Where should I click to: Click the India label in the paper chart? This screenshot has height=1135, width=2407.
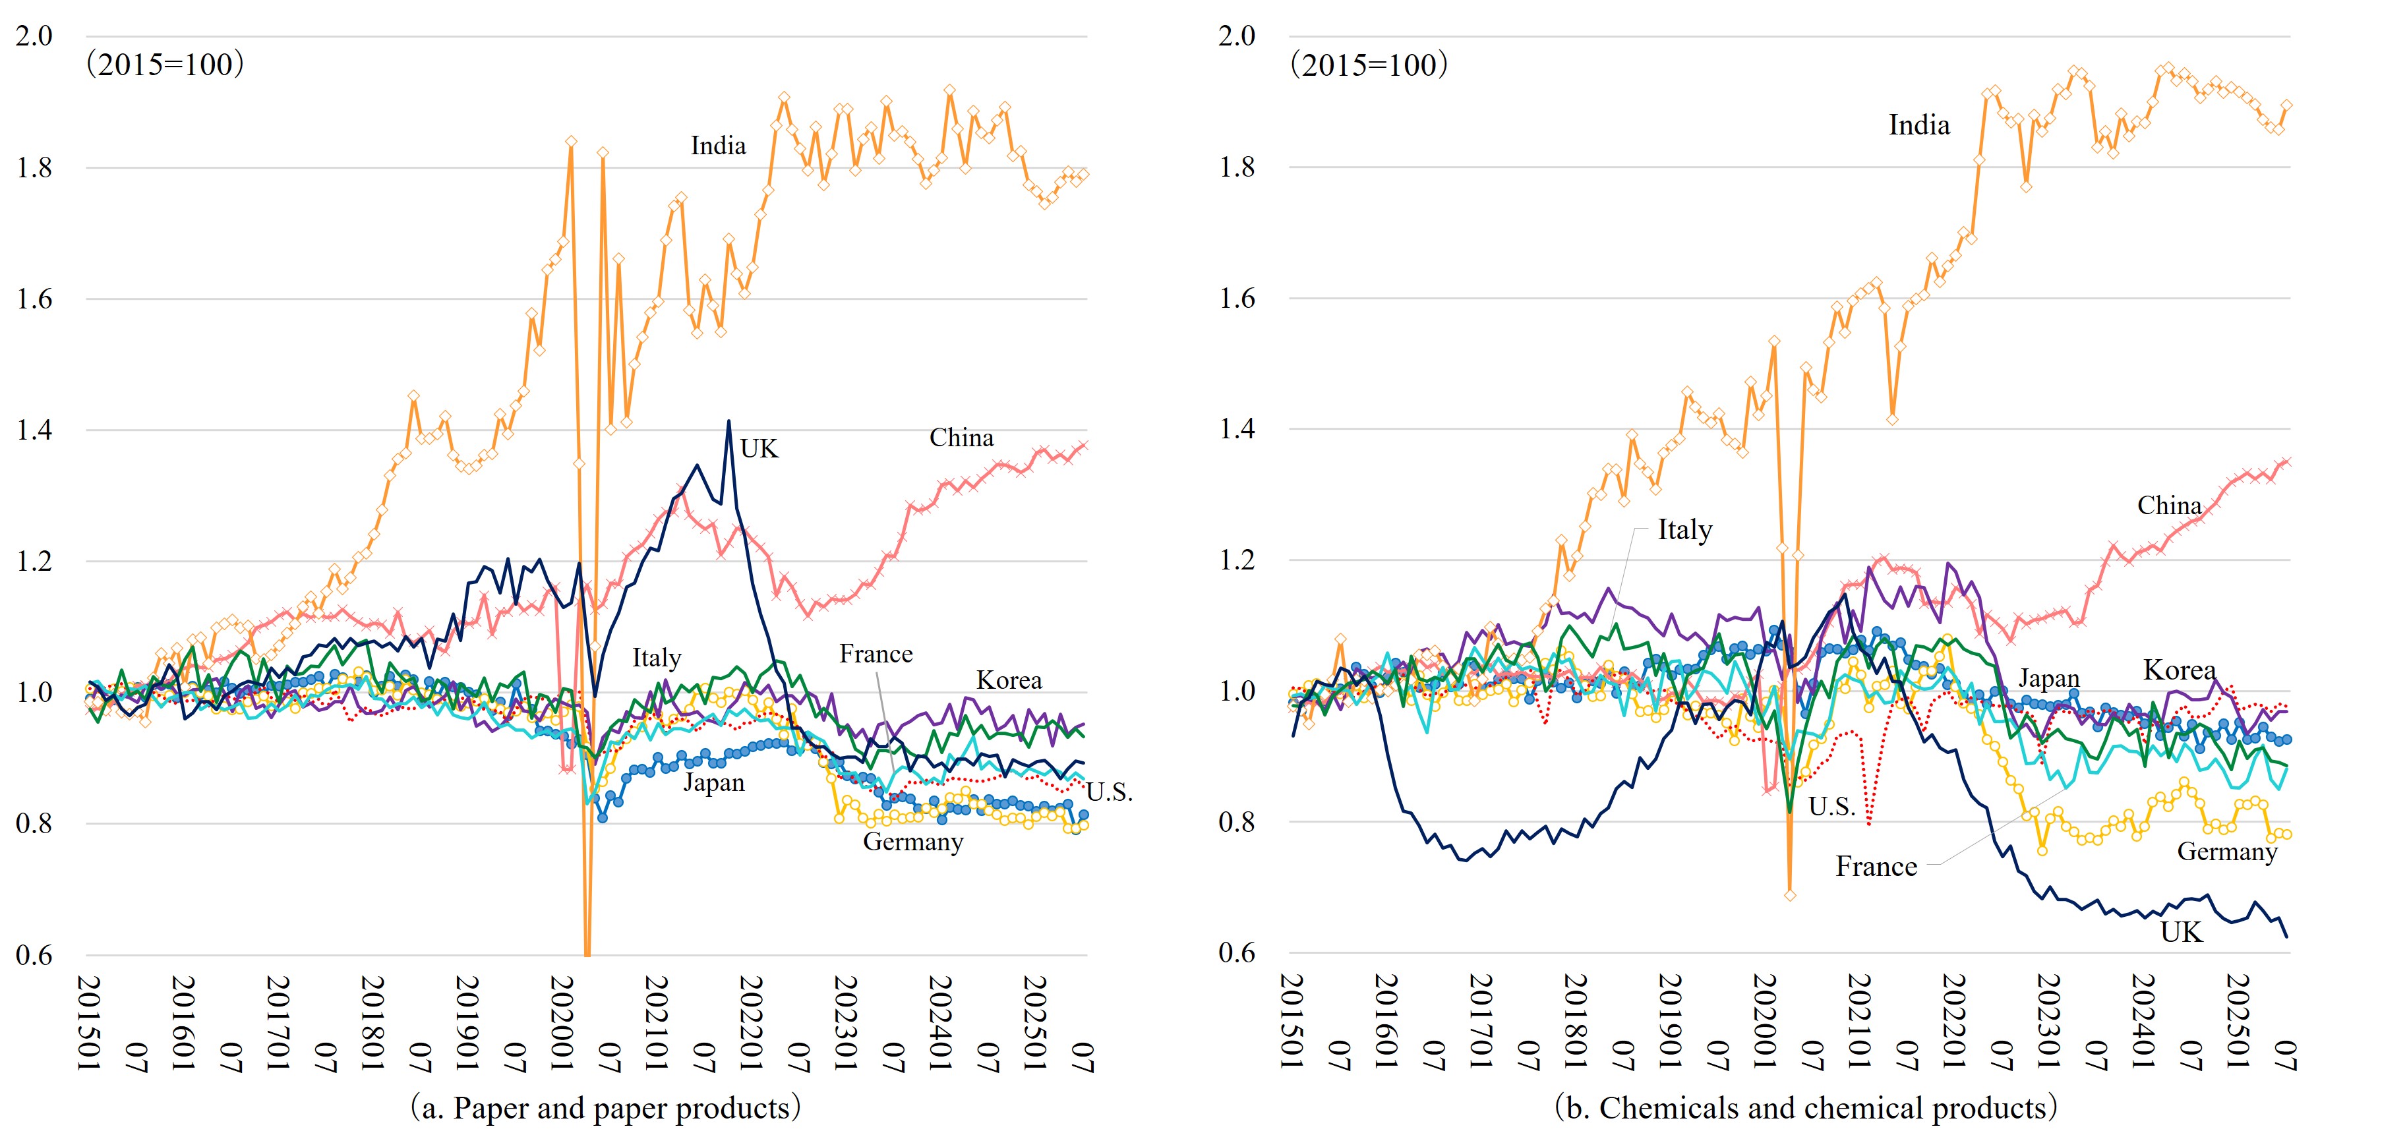pos(717,146)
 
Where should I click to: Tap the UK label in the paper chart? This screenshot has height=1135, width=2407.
pos(759,450)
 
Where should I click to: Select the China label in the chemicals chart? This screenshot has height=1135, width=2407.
pos(2169,506)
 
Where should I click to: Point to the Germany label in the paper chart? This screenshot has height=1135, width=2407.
pos(913,842)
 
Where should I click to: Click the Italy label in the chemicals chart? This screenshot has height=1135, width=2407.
pos(1684,530)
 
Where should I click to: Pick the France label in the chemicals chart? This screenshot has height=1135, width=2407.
pos(1876,867)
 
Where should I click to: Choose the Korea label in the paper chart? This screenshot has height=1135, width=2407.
pos(1008,680)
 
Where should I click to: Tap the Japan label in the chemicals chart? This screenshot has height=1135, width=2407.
pos(2048,678)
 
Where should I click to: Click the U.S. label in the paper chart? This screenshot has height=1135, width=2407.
pos(1109,793)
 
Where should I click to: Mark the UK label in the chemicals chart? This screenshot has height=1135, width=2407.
pos(2181,932)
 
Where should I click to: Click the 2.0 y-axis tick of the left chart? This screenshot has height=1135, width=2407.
pos(34,36)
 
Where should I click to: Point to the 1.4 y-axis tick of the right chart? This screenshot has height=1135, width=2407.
pos(1237,429)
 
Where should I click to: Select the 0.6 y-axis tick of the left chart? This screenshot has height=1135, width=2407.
pos(34,954)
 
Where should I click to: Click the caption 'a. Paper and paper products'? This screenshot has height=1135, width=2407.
pos(605,1108)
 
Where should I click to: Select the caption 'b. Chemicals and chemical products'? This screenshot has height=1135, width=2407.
pos(1805,1108)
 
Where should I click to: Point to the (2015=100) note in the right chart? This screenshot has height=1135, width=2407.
pos(1369,65)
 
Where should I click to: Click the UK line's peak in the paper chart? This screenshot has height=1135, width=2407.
pos(729,421)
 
